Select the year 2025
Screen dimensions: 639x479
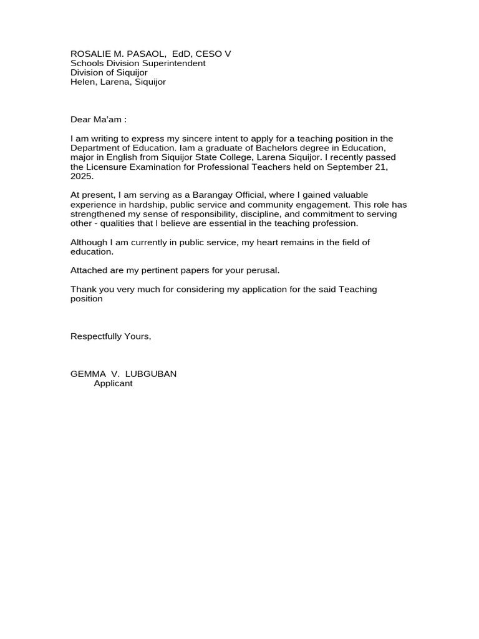coord(81,177)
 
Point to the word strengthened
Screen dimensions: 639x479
coord(99,214)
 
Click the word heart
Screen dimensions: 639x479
coord(275,242)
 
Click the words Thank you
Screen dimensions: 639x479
coord(92,290)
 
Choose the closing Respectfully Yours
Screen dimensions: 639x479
coord(110,336)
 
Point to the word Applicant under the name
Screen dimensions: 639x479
coord(113,383)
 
